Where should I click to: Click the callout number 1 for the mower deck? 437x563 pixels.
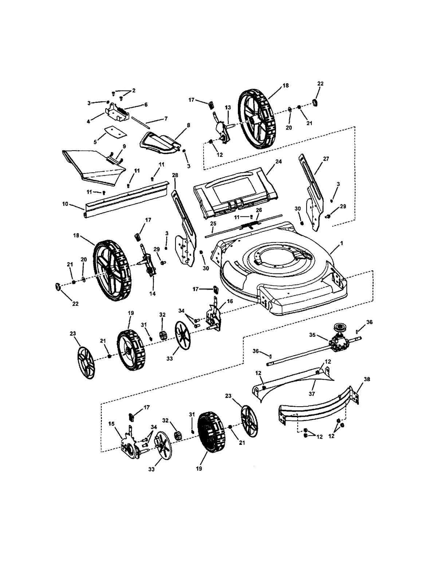[x=341, y=243]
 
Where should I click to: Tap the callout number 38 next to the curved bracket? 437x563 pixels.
[x=367, y=379]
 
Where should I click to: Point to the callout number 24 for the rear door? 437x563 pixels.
[x=278, y=161]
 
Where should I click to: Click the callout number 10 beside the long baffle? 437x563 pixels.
[x=65, y=204]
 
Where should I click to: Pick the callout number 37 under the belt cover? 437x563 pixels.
[x=312, y=394]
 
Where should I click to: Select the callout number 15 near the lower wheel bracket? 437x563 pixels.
[x=111, y=423]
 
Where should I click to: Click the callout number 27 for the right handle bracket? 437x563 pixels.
[x=326, y=159]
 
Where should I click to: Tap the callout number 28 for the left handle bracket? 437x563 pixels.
[x=175, y=175]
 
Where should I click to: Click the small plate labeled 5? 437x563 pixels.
[x=114, y=131]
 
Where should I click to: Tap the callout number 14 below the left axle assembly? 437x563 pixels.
[x=152, y=293]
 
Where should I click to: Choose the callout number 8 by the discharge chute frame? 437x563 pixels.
[x=188, y=125]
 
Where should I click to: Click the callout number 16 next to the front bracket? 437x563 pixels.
[x=229, y=302]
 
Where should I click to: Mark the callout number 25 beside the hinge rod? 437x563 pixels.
[x=213, y=223]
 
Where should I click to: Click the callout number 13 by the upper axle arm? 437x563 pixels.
[x=228, y=108]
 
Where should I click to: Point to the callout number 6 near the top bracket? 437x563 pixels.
[x=146, y=104]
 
